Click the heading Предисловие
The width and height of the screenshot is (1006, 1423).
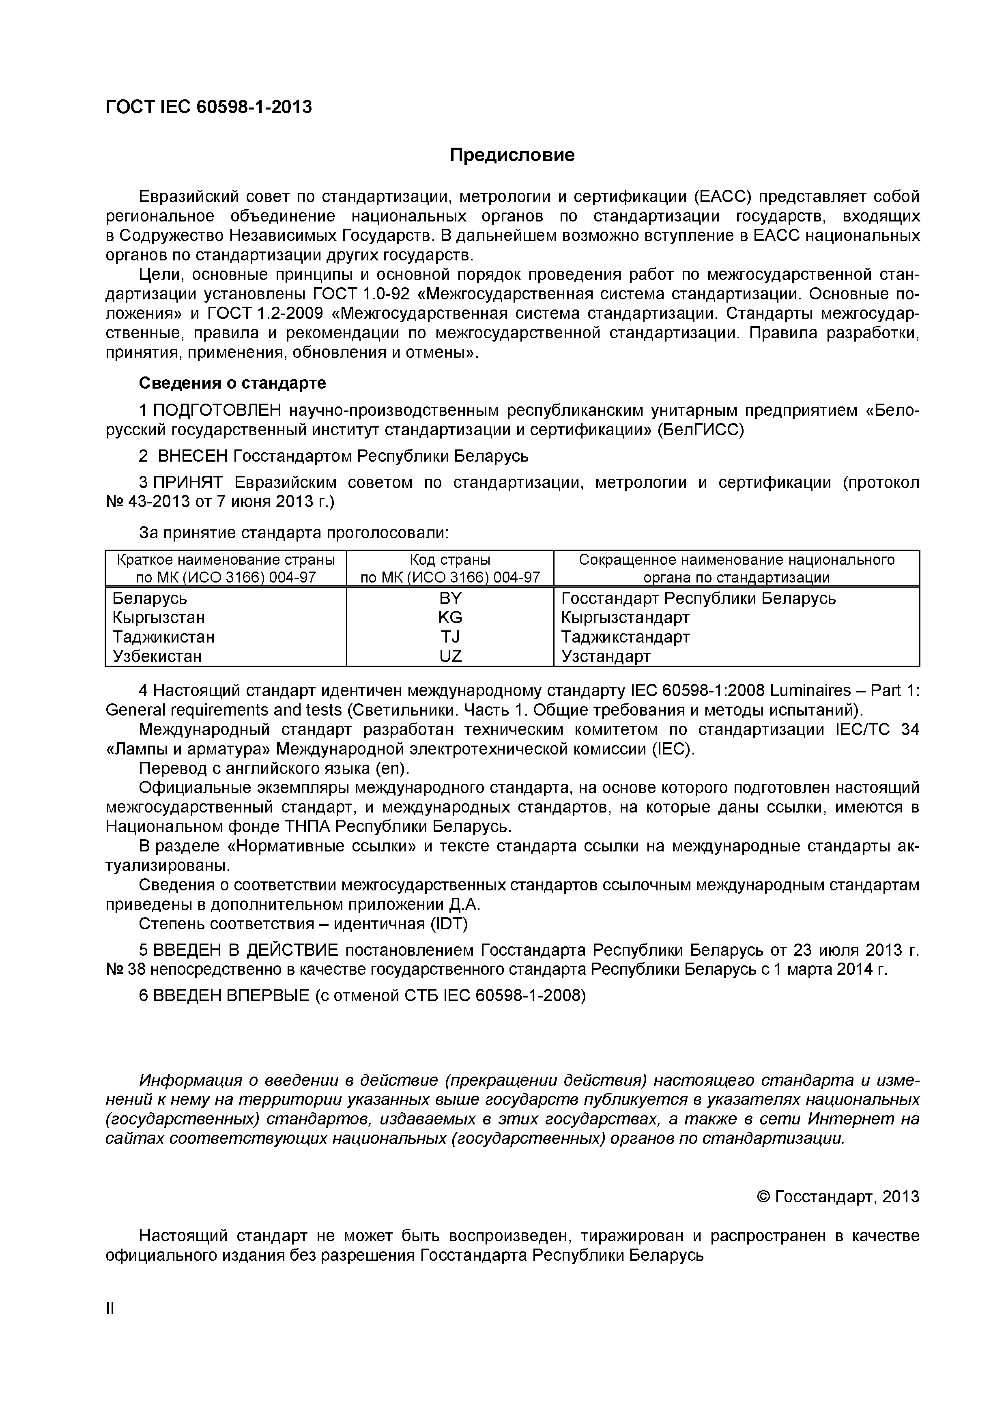[512, 155]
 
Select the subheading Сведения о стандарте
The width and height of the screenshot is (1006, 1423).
[232, 383]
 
